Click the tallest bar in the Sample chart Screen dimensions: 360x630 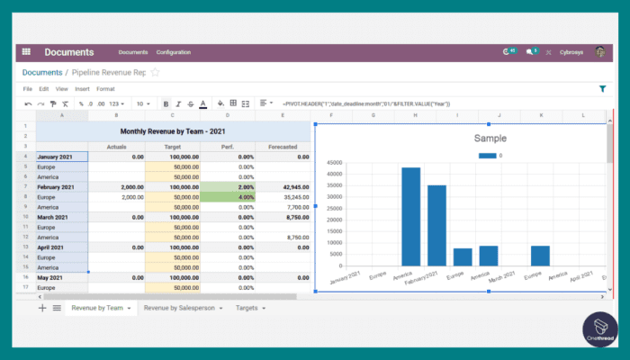click(411, 216)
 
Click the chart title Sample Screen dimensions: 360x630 click(490, 139)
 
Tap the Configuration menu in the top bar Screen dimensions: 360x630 click(173, 52)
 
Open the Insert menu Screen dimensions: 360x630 click(82, 89)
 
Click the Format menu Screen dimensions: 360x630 click(105, 89)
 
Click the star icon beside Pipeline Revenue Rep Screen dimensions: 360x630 click(155, 72)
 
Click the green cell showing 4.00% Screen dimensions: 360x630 click(228, 196)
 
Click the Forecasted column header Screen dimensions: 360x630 click(283, 146)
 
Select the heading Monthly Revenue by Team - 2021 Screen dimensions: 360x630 click(171, 130)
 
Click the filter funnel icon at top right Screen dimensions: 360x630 click(602, 89)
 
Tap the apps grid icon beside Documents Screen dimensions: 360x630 click(26, 52)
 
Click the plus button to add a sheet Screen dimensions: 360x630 click(42, 308)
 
